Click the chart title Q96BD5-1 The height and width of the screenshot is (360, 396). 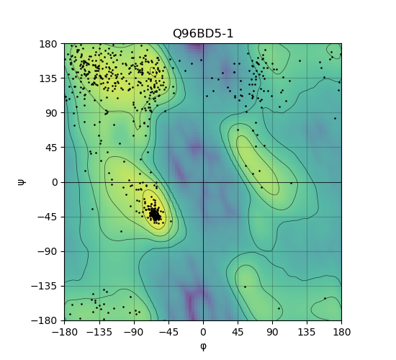(x=203, y=34)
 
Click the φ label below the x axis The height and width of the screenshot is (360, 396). (x=203, y=346)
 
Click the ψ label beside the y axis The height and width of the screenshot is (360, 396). (x=22, y=182)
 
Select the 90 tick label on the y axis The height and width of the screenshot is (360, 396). (x=52, y=113)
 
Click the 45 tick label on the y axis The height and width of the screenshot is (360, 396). (x=52, y=148)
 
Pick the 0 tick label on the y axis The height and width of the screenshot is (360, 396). (x=55, y=182)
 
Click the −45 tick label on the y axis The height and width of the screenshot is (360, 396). (x=48, y=217)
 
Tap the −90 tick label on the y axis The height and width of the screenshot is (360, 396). (x=48, y=251)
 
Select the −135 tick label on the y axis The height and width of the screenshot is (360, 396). (x=45, y=287)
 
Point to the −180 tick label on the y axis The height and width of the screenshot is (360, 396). (x=45, y=321)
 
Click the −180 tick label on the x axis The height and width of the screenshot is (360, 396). (x=64, y=332)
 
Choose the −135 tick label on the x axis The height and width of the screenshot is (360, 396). (x=99, y=332)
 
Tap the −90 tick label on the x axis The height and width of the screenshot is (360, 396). (x=134, y=332)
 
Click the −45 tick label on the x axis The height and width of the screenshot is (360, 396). (x=168, y=332)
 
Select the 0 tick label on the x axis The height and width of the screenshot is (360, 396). (x=203, y=332)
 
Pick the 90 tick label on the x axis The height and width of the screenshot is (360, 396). (x=272, y=332)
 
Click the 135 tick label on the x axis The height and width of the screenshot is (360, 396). (x=307, y=332)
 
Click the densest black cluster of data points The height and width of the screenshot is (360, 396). (x=155, y=215)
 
